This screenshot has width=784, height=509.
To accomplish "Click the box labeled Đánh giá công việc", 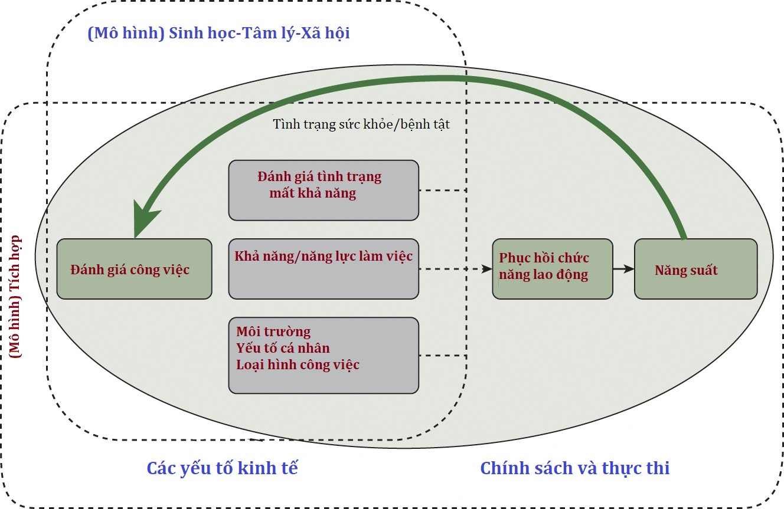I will pos(134,268).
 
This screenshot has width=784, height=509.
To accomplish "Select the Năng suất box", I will pos(695,268).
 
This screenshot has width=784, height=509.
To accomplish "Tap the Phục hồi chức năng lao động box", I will pos(553,268).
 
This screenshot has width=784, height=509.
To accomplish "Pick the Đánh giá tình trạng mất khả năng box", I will pos(324,190).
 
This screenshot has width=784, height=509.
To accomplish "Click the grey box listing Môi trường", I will pos(324,355).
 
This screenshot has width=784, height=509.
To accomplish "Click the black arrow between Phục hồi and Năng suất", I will pos(623,269).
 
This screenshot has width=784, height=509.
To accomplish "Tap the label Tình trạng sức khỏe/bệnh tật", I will pos(361,124).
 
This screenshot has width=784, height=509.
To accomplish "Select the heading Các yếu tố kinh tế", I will pos(222,468).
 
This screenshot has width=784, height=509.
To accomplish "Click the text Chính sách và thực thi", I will pos(574,468).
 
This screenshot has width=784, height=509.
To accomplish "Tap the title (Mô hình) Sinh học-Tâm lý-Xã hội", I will pos(218,33).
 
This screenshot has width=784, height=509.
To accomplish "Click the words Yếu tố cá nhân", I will pos(283,348).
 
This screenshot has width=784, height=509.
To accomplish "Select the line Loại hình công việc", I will pos(298,364).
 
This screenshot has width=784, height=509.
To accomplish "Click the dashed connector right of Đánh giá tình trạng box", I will pos(443,191).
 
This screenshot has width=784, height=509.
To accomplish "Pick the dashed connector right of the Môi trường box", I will pos(443,356).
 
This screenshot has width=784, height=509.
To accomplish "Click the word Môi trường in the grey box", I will pos(273,331).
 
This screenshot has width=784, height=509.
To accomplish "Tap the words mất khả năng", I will pos(312,193).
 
